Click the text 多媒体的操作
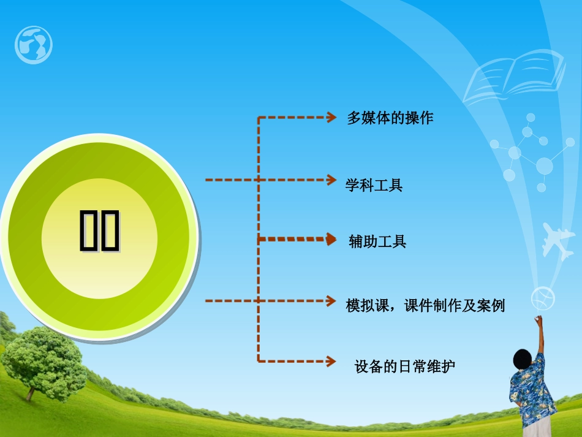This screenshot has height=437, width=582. [390, 118]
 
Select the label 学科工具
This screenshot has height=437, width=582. [374, 185]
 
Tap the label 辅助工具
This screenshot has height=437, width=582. [377, 241]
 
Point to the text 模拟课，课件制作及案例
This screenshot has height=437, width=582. [425, 305]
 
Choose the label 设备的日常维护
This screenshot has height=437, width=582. [405, 367]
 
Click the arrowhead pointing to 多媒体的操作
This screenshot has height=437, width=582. [331, 116]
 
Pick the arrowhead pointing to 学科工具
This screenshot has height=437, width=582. [331, 180]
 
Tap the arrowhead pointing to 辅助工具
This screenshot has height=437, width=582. [331, 239]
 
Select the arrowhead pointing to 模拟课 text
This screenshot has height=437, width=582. [331, 301]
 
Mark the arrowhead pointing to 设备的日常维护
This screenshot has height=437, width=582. [331, 360]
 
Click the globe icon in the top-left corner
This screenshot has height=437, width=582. [34, 45]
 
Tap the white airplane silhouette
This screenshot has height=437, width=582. [557, 240]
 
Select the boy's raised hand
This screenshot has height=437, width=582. [538, 320]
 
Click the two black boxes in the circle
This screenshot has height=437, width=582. [99, 231]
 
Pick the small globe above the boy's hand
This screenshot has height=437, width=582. [543, 298]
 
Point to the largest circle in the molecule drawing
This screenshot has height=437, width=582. [544, 165]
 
